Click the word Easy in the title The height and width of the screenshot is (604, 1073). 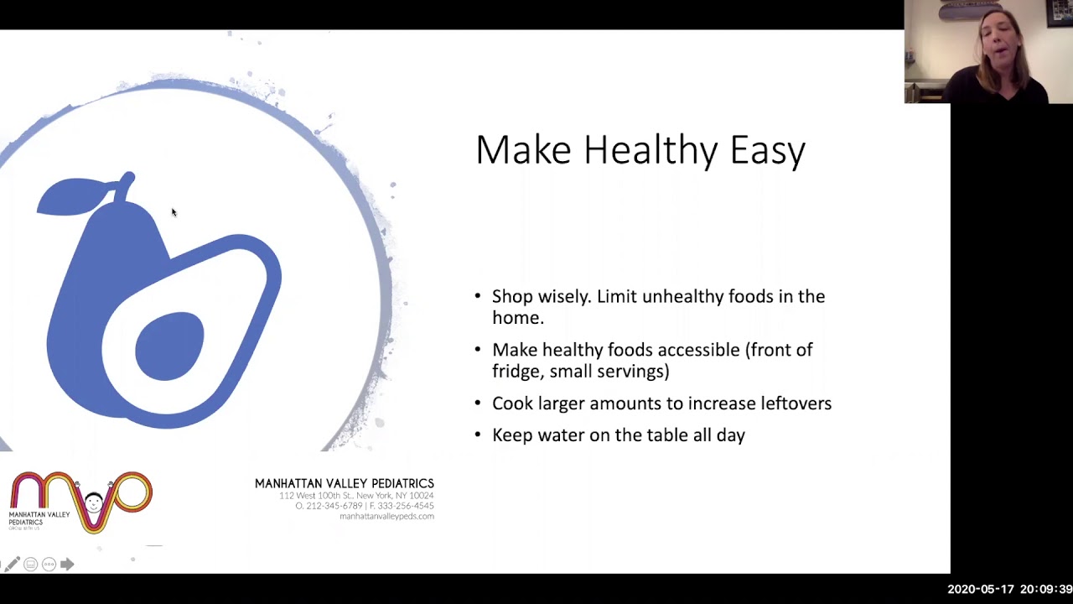point(767,151)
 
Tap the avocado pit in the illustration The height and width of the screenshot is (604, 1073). point(169,345)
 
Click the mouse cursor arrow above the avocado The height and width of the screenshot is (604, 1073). point(174,213)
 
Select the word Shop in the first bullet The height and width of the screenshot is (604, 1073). point(511,297)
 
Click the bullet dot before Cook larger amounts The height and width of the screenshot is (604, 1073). point(478,404)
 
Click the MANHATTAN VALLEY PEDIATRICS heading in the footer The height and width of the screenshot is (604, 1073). point(345,483)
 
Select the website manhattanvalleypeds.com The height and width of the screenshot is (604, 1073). point(386,516)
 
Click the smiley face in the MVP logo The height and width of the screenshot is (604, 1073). point(93,503)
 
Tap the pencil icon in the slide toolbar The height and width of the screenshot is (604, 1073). point(12,565)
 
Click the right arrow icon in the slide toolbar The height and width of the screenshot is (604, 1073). point(67,565)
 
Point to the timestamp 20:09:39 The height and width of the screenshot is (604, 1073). point(1042,590)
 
